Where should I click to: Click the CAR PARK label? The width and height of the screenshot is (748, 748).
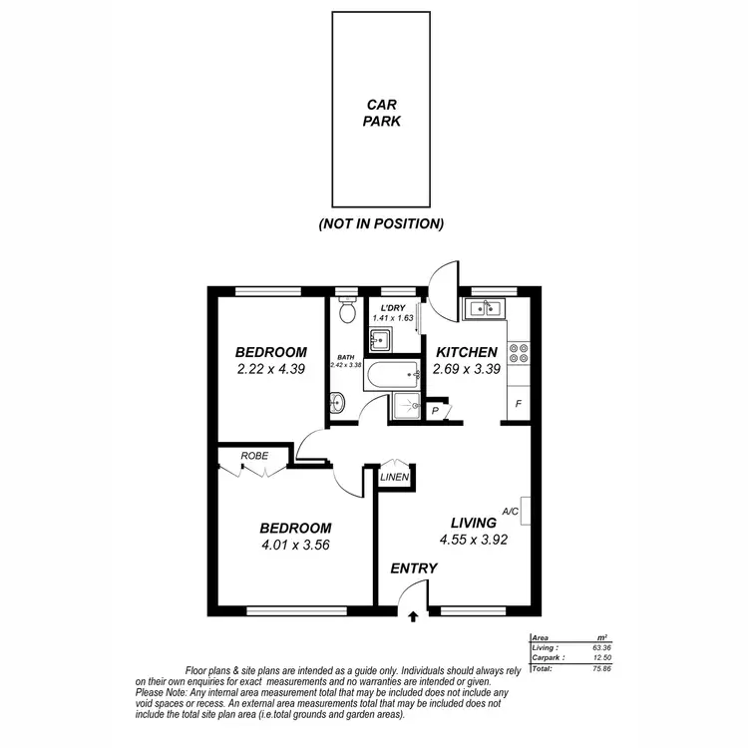(381, 113)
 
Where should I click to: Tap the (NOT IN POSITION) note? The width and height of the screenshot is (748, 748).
(381, 224)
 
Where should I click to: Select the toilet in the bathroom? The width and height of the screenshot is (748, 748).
(347, 311)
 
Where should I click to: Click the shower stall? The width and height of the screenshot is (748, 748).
(406, 406)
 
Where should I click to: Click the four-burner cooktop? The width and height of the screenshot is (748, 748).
(519, 352)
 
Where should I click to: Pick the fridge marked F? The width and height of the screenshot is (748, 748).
(519, 404)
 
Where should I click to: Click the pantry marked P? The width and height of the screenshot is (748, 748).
(436, 410)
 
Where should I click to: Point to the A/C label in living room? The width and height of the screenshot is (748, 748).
(511, 512)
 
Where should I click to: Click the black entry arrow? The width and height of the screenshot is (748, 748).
(414, 616)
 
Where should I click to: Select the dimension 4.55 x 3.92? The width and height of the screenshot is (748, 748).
(473, 541)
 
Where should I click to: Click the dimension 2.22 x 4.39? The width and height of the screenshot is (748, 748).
(270, 369)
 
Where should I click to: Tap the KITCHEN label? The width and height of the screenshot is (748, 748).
(465, 352)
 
